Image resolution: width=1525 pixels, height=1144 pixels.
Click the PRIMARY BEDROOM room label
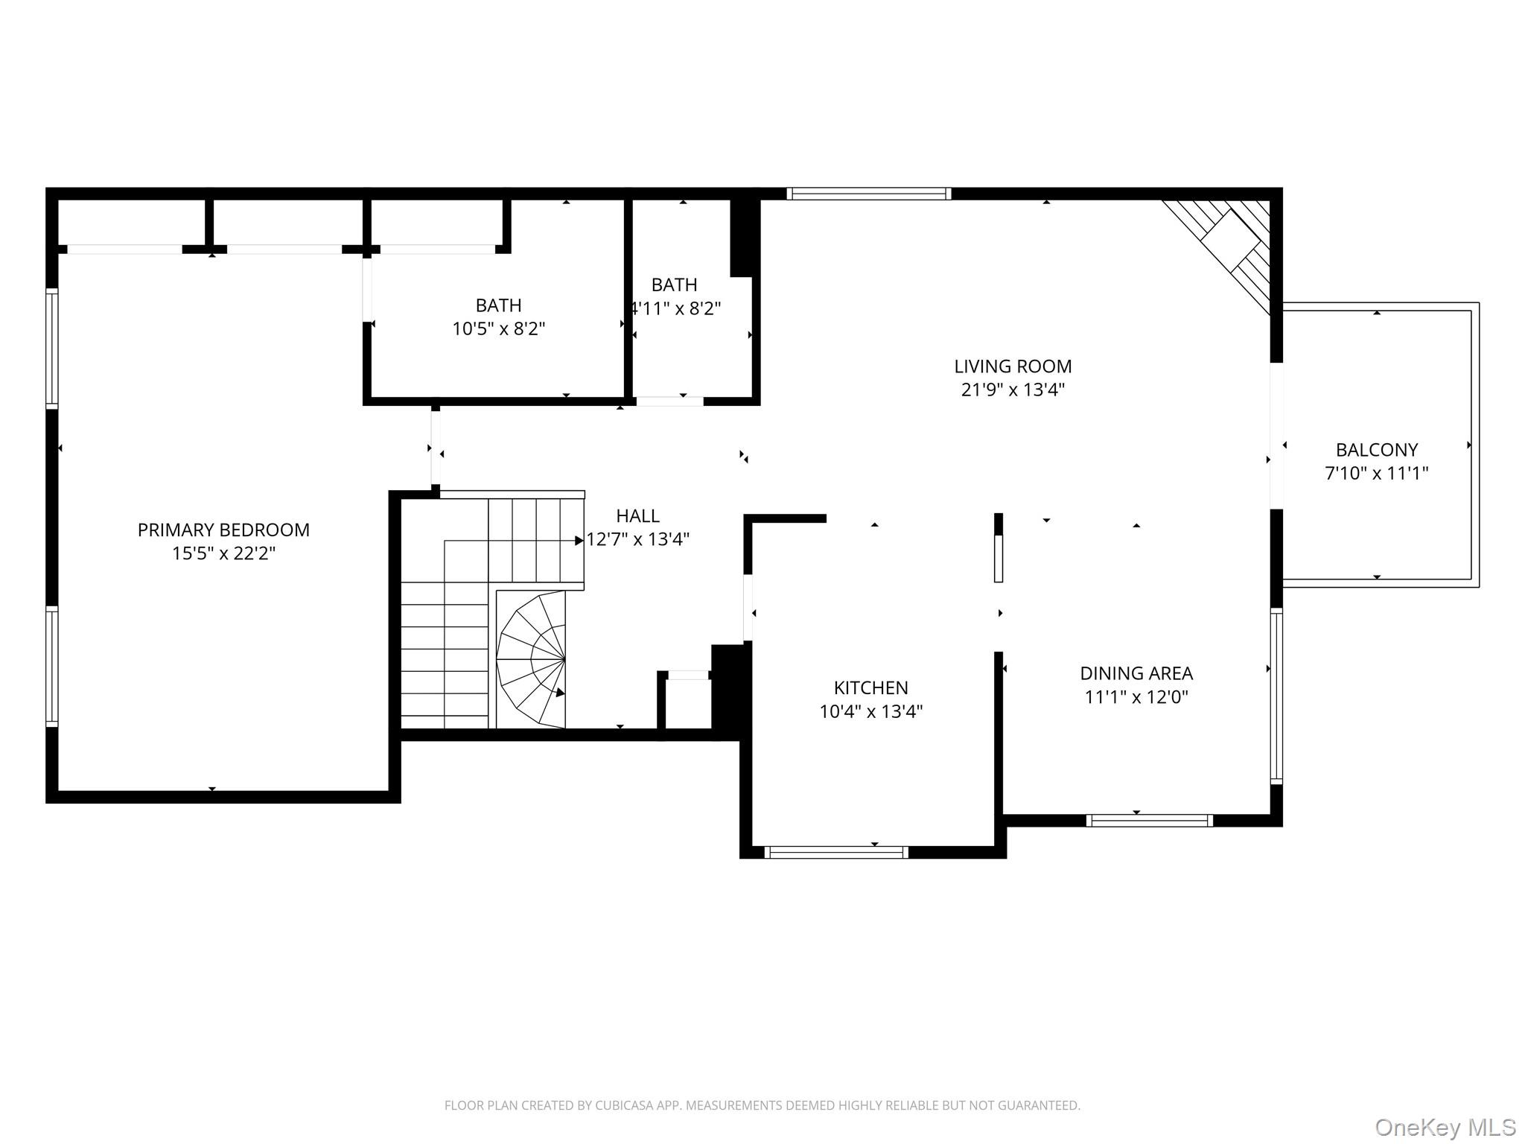[223, 530]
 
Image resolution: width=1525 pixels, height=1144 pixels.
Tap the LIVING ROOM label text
[1013, 366]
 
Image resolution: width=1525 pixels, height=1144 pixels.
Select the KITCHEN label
[870, 687]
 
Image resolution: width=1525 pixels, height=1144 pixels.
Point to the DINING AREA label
[1136, 673]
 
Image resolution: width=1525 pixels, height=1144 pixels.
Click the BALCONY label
[1377, 450]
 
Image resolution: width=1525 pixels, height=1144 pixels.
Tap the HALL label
[638, 515]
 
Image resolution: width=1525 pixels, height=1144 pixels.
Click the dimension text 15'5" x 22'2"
[223, 553]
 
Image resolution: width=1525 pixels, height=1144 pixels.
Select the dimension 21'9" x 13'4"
[1013, 390]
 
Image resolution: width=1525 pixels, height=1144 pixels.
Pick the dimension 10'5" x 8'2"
[499, 328]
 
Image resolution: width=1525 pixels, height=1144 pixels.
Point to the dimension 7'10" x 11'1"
[1377, 473]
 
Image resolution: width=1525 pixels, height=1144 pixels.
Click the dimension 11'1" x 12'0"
[1136, 696]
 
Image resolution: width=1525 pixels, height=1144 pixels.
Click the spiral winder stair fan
[532, 659]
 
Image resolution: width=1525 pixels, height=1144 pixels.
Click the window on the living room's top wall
[869, 194]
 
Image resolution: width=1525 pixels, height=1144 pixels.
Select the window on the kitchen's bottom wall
[836, 852]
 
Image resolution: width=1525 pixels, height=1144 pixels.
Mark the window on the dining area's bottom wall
[1150, 820]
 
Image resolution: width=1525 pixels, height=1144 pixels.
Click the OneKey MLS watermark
[1445, 1128]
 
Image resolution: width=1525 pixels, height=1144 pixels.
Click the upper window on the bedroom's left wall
[52, 349]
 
